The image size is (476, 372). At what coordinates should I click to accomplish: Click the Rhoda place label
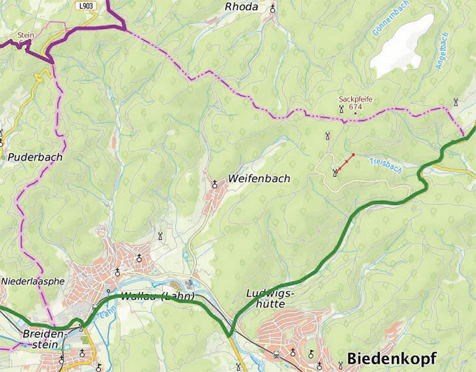242,7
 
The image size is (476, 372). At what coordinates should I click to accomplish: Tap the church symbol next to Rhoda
273,8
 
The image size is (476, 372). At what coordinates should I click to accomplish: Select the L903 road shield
87,5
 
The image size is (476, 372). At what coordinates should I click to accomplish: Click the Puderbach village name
35,157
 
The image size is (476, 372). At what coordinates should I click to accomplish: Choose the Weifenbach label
258,179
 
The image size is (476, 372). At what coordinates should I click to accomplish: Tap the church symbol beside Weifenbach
215,184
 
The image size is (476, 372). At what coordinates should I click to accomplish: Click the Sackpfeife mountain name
355,99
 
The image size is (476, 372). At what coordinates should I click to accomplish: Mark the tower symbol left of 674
341,109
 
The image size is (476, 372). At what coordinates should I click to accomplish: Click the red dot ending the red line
353,155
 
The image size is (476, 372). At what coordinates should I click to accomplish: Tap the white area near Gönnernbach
402,45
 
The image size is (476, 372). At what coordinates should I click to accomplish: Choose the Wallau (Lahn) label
158,297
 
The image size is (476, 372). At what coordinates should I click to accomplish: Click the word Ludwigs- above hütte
267,294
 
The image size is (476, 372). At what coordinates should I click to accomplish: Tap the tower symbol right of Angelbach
456,102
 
